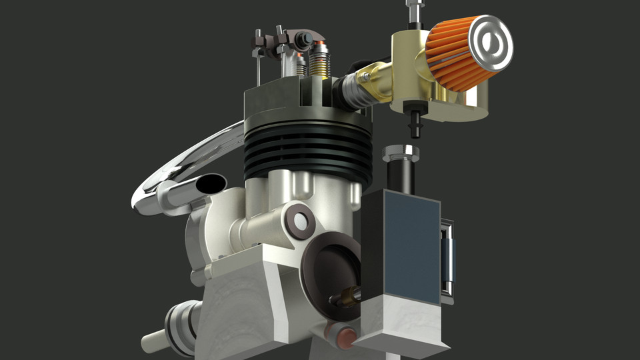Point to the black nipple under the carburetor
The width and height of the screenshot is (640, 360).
tap(415, 124)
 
